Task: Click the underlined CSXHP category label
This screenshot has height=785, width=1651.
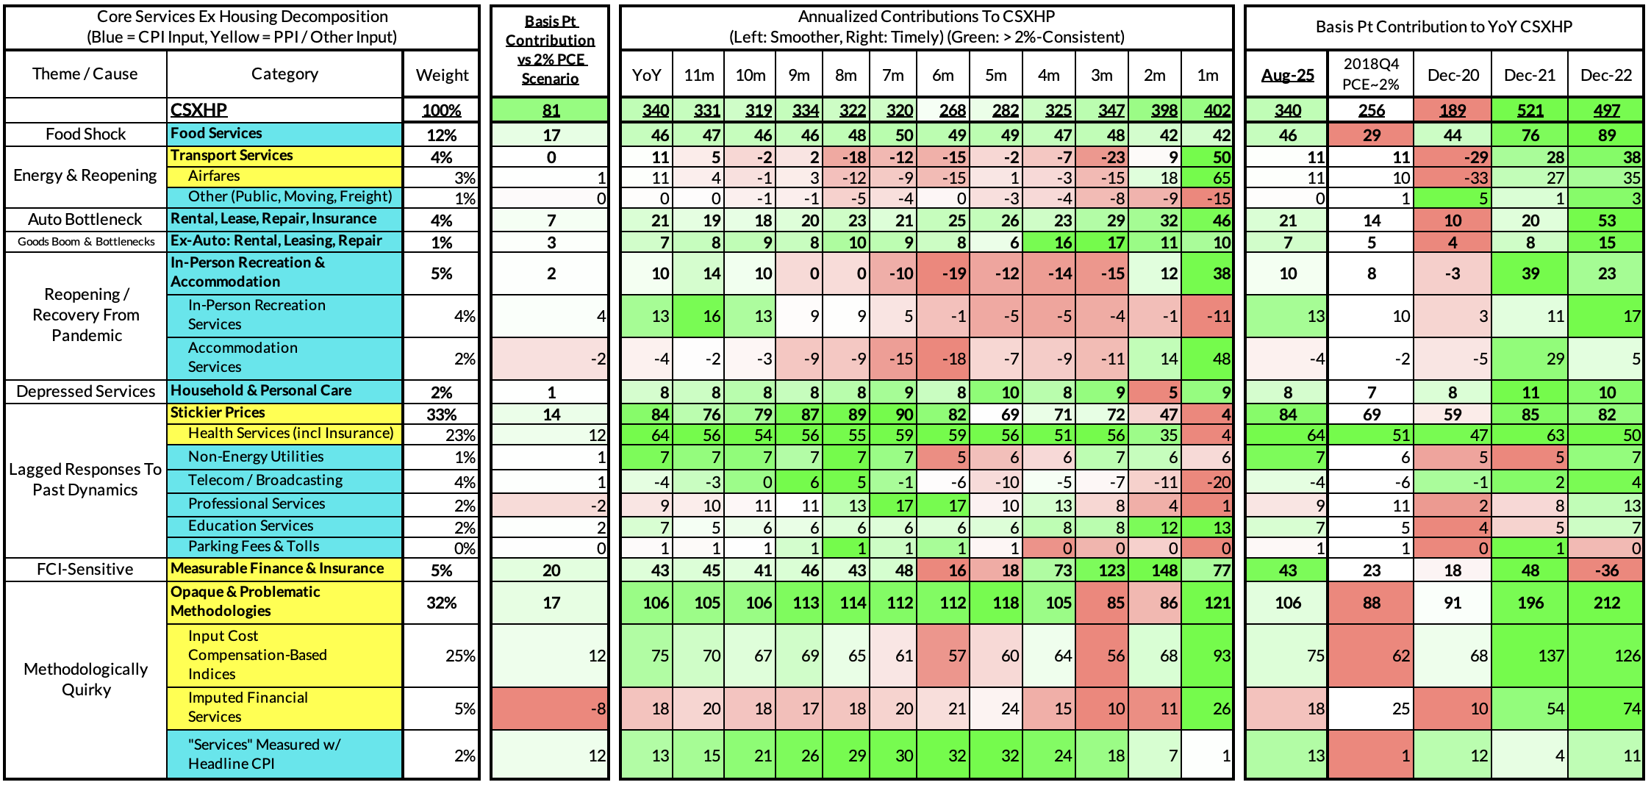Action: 198,110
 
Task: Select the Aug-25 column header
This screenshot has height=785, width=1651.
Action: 1287,75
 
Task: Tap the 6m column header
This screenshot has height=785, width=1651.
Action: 942,75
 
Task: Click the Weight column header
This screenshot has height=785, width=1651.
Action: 442,75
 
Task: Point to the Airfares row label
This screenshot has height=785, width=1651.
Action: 214,176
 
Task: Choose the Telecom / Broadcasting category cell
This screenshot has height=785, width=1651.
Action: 265,481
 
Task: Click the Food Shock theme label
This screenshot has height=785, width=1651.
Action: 85,135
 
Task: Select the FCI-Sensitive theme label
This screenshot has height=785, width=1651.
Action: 85,570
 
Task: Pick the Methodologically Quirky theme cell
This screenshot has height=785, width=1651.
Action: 86,680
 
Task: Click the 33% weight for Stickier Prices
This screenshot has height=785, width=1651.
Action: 441,415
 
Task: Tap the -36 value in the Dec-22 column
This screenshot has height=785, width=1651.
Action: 1606,570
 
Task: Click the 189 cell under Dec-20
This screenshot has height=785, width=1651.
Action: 1453,111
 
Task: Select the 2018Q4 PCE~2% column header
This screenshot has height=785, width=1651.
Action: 1371,74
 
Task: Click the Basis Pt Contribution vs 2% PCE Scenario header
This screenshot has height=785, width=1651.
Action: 550,50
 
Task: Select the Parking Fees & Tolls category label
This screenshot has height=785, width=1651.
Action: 254,547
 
